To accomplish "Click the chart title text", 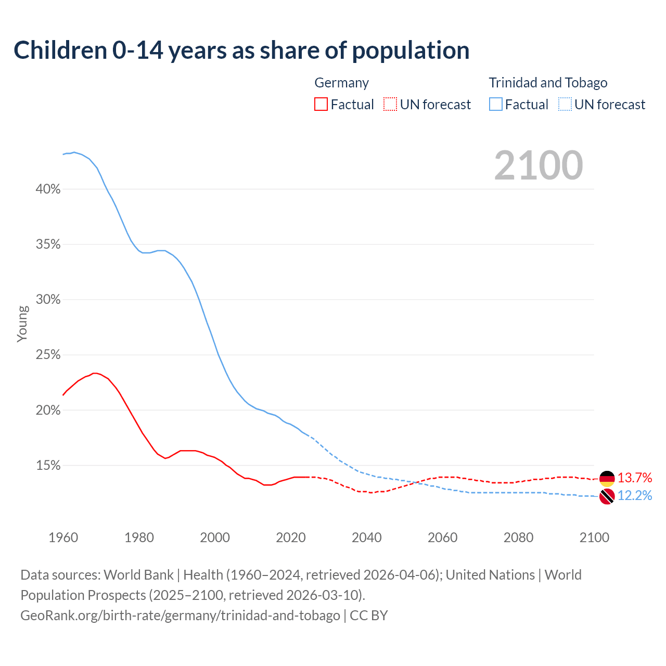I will tap(241, 50).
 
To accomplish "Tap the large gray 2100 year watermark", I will tap(539, 165).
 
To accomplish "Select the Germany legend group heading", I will tap(341, 83).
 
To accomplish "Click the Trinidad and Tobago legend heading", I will tap(548, 83).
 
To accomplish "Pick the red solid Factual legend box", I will tap(321, 105).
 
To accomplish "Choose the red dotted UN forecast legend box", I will tap(390, 105).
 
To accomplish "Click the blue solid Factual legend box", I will tap(495, 105).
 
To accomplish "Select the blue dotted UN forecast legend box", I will tap(565, 105).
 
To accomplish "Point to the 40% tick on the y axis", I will tap(48, 189).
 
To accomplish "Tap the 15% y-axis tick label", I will tap(48, 466).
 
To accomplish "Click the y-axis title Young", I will tap(22, 324).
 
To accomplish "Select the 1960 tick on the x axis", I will tap(63, 537).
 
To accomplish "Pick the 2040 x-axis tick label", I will tap(367, 537).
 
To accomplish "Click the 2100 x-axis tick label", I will tap(594, 537).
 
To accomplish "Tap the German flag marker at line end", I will tap(607, 478).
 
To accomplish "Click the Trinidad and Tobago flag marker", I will tap(607, 496).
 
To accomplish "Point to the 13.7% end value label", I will tap(635, 478).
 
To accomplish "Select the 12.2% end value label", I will tap(635, 495).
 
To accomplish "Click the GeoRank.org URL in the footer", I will tap(180, 616).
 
